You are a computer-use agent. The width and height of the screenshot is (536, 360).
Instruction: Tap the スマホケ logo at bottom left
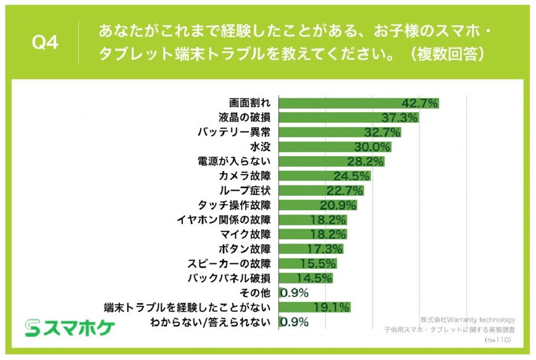click(x=70, y=328)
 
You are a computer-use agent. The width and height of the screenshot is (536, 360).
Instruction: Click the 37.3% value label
click(x=400, y=117)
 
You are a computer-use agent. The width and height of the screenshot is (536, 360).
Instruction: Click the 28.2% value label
click(x=367, y=162)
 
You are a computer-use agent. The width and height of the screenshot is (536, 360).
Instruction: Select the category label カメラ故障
click(x=244, y=176)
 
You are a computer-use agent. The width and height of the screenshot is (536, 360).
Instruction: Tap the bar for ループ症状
click(x=321, y=190)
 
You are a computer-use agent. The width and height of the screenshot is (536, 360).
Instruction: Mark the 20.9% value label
click(x=338, y=205)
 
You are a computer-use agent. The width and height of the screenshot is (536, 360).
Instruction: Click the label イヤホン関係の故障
click(x=223, y=219)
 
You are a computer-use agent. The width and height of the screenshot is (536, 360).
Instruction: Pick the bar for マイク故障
click(x=313, y=234)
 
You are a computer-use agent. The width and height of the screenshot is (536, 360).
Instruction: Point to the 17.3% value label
click(x=325, y=249)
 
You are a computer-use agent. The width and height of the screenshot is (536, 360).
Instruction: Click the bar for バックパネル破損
click(x=306, y=278)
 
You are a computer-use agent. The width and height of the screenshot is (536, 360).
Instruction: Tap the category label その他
click(x=257, y=293)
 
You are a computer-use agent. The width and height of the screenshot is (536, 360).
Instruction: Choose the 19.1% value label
click(x=332, y=308)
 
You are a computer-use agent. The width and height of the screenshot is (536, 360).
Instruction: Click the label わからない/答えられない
click(x=210, y=322)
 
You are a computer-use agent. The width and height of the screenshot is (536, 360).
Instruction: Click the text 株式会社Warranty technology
click(x=468, y=320)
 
